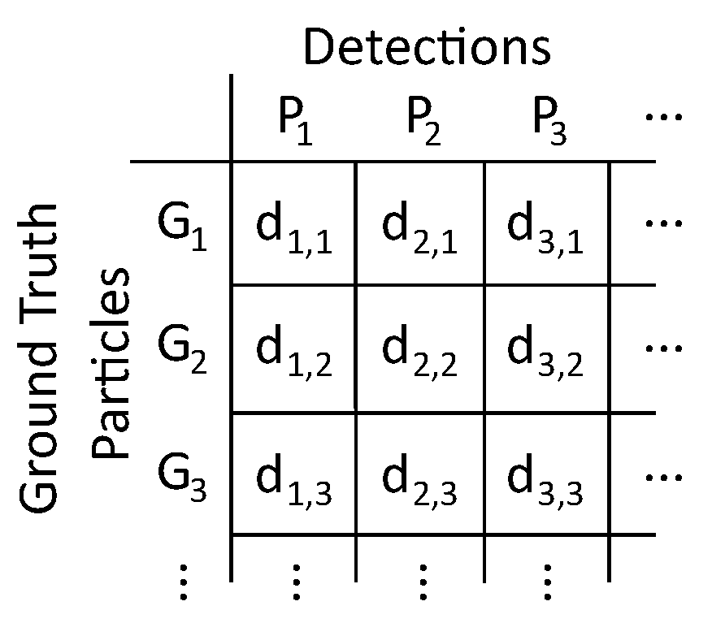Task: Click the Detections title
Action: (x=427, y=47)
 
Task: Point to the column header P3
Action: (x=549, y=122)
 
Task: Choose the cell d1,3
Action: (x=293, y=481)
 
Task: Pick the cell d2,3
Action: (x=419, y=481)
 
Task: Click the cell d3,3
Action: (x=547, y=481)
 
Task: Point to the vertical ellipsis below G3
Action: (x=184, y=583)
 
